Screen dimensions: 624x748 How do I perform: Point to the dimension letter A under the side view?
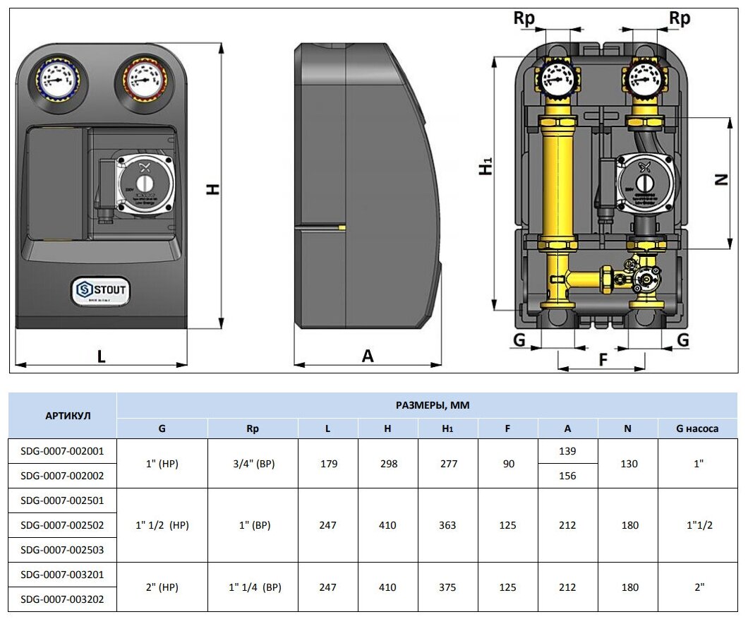pyautogui.click(x=368, y=356)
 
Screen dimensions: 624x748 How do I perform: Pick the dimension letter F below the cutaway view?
pyautogui.click(x=603, y=359)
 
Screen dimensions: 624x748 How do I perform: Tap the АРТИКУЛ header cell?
pyautogui.click(x=62, y=416)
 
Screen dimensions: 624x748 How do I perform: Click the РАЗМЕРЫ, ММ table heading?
pyautogui.click(x=433, y=405)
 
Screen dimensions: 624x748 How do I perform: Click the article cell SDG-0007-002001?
pyautogui.click(x=62, y=451)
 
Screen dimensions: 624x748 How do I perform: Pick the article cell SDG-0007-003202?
pyautogui.click(x=62, y=599)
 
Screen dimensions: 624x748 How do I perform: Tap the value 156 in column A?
pyautogui.click(x=567, y=476)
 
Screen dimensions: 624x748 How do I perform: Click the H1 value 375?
pyautogui.click(x=447, y=587)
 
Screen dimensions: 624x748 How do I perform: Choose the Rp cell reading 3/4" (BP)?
pyautogui.click(x=253, y=464)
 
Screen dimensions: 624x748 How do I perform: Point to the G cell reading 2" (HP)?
pyautogui.click(x=162, y=587)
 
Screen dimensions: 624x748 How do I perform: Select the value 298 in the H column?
pyautogui.click(x=387, y=464)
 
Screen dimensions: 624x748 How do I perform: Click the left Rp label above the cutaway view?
pyautogui.click(x=524, y=19)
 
